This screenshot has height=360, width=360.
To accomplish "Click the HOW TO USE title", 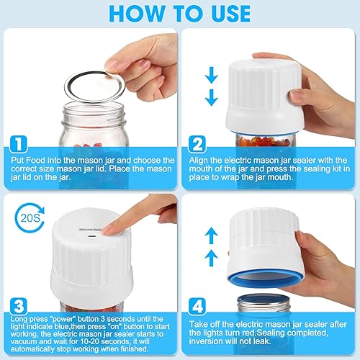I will [180, 14].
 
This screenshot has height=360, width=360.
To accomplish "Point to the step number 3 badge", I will [19, 305].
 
